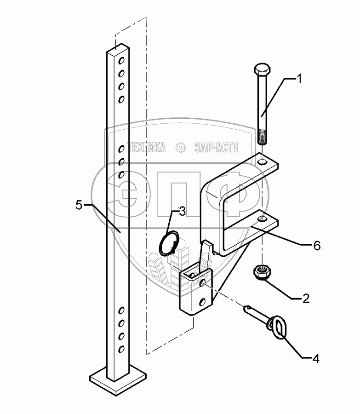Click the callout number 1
[x=298, y=79]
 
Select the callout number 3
[x=182, y=212]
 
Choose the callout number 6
[x=317, y=246]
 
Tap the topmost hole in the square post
[x=122, y=60]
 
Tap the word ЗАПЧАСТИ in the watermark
[x=217, y=148]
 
